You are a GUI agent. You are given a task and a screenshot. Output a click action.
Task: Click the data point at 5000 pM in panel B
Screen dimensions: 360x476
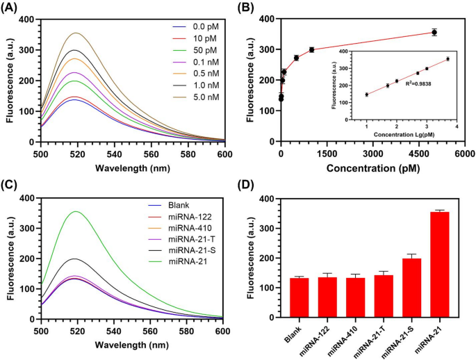click(x=434, y=32)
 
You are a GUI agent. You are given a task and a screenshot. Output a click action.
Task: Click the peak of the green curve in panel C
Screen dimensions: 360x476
click(x=75, y=211)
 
